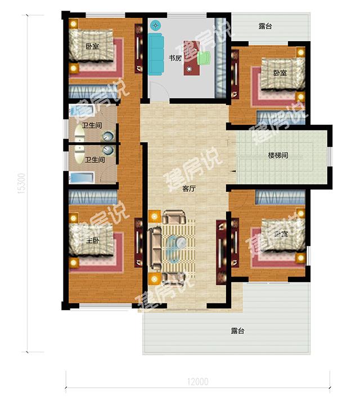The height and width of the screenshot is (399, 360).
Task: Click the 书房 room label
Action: pyautogui.click(x=174, y=57)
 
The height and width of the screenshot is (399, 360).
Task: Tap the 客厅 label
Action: pyautogui.click(x=189, y=189)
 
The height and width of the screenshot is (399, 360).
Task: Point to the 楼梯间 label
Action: pyautogui.click(x=277, y=155)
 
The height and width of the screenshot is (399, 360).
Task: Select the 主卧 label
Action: pyautogui.click(x=93, y=240)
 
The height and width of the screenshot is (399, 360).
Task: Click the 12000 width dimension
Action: pyautogui.click(x=196, y=382)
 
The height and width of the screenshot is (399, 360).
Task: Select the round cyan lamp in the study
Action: pyautogui.click(x=156, y=25)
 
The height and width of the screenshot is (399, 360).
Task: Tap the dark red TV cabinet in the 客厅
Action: pyautogui.click(x=220, y=245)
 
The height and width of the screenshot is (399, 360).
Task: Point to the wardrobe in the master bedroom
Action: pyautogui.click(x=93, y=197)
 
